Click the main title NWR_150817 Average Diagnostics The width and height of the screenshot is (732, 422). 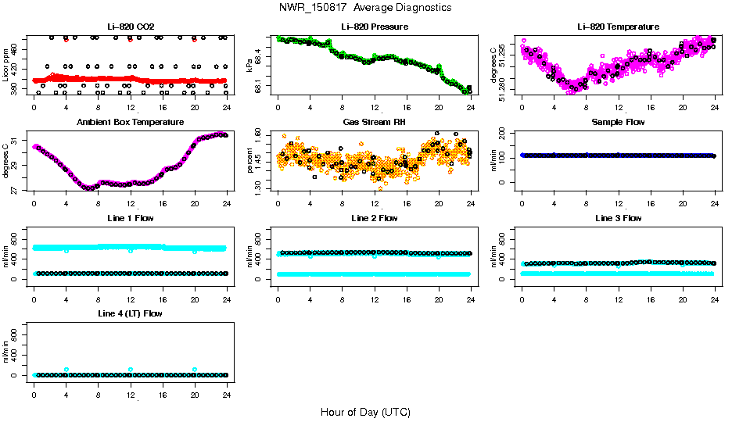click(365, 7)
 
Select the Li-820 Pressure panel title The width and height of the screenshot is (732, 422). click(375, 27)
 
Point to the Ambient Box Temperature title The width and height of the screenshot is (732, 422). click(131, 122)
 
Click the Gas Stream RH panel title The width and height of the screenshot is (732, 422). click(375, 122)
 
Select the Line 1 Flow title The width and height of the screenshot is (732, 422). click(131, 218)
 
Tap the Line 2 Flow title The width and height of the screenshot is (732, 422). click(375, 218)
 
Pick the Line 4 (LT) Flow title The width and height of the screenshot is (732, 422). click(131, 313)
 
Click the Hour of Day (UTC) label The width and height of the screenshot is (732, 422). click(365, 411)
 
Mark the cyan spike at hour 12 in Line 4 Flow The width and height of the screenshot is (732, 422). click(131, 370)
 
